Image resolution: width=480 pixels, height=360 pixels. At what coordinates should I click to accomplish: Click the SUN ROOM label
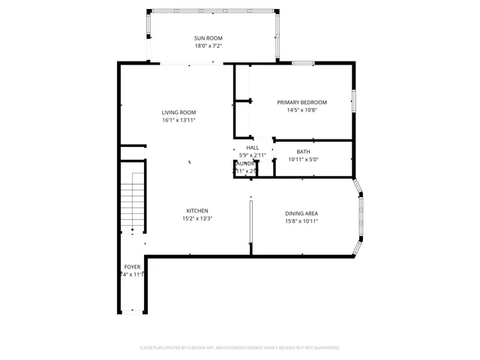tap(208, 38)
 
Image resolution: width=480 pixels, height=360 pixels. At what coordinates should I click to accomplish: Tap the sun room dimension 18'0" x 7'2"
tap(208, 46)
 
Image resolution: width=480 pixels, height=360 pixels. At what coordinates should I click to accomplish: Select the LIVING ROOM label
tap(178, 112)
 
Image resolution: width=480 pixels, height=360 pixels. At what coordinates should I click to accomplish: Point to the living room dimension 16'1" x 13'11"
tap(178, 120)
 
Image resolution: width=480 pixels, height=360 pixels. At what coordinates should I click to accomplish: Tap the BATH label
tap(303, 151)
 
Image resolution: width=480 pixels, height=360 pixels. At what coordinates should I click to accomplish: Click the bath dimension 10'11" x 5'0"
tap(303, 159)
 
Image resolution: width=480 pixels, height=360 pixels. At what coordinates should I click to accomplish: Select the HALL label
tap(253, 148)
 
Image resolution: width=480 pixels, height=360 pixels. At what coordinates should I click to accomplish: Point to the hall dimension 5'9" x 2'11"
tap(253, 155)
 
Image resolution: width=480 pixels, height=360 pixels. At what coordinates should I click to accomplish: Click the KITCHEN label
tap(197, 211)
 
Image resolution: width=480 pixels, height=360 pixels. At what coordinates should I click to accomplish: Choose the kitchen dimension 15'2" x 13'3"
tap(197, 219)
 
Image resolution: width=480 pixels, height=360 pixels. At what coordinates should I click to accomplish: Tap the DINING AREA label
tap(301, 213)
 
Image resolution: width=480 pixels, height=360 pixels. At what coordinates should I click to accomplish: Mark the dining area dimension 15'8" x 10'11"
tap(301, 221)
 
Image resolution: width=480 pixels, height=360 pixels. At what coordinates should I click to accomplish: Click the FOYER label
tap(132, 266)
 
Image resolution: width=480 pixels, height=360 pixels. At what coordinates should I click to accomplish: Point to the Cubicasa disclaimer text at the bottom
tap(240, 347)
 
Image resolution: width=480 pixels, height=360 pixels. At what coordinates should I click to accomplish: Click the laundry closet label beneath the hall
tap(246, 163)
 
